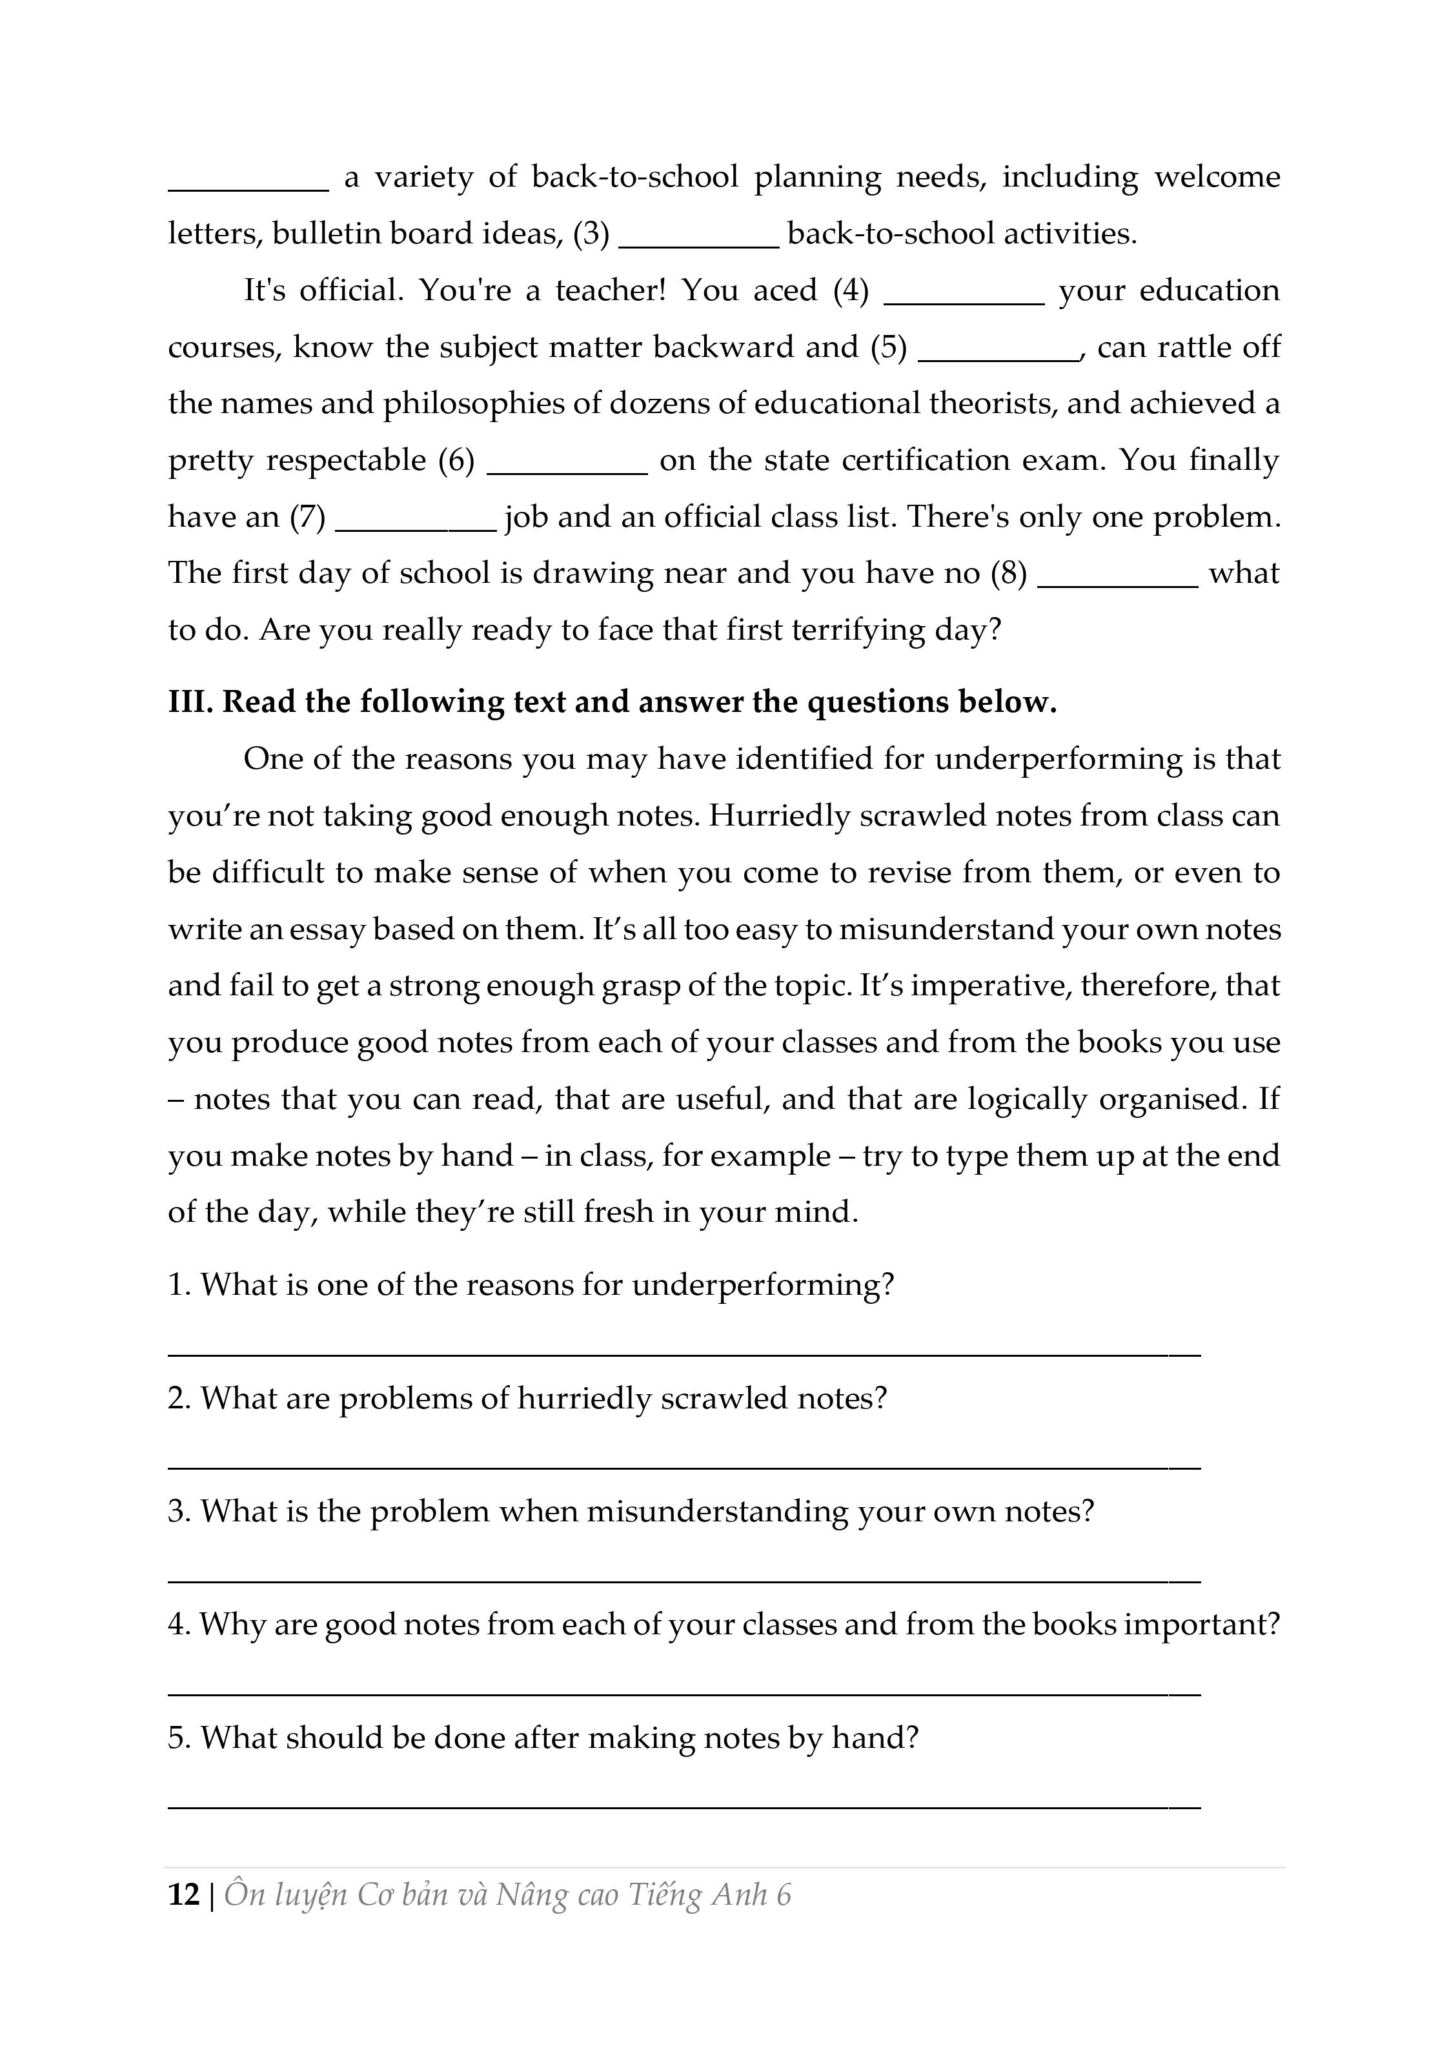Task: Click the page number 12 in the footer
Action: coord(184,1895)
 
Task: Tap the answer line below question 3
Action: coord(684,1580)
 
